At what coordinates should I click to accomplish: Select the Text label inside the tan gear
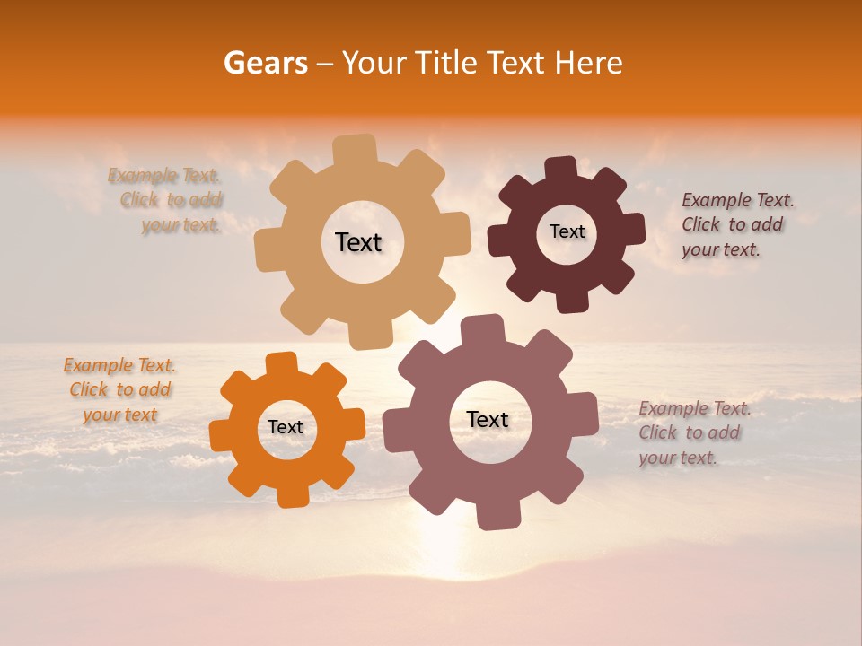[x=358, y=242]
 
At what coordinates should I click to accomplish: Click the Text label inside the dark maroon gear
[x=567, y=231]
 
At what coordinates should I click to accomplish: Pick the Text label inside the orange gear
[x=286, y=427]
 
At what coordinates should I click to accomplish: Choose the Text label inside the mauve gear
[x=487, y=419]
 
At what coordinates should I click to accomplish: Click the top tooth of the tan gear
[x=356, y=150]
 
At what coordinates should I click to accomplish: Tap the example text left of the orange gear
[x=119, y=390]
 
